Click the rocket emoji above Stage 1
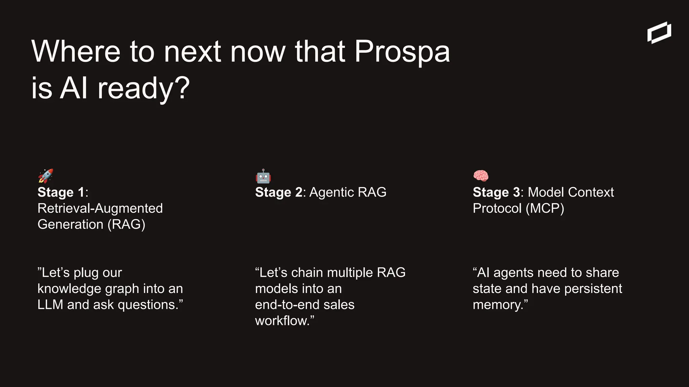pos(45,176)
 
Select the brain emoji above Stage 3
pos(481,176)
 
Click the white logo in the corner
pos(659,33)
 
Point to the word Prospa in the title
pos(402,52)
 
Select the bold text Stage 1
pos(61,192)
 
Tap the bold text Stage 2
pos(279,192)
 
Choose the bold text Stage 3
pos(496,192)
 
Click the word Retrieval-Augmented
pos(100,209)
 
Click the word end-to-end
pos(287,305)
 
